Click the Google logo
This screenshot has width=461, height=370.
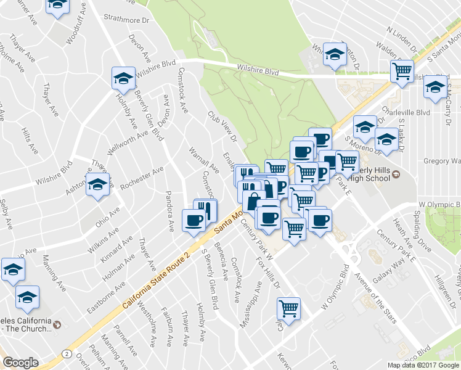coord(21,363)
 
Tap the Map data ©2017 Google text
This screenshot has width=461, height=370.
coord(422,365)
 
